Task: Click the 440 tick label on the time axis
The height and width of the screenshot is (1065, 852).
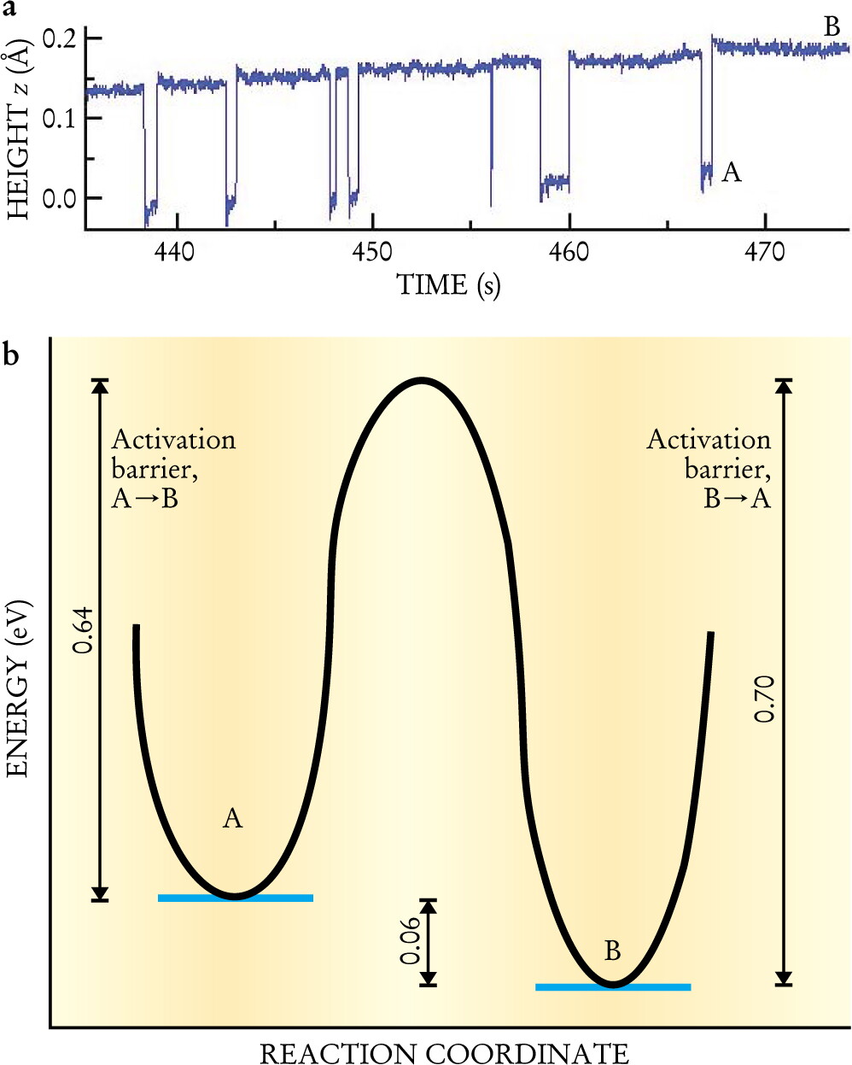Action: [x=174, y=252]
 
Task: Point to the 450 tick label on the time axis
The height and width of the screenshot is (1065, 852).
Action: [x=371, y=252]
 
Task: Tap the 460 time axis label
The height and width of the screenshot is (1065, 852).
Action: [x=569, y=252]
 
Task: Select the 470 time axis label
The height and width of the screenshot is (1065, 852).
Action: [x=764, y=252]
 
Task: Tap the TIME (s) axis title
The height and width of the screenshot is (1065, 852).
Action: [x=448, y=285]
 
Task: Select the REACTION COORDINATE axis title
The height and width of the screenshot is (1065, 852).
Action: [x=444, y=1053]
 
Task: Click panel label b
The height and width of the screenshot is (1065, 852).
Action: [x=11, y=354]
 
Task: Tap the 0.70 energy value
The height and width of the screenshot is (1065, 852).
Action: [x=764, y=699]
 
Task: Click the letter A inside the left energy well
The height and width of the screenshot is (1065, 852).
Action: [x=232, y=818]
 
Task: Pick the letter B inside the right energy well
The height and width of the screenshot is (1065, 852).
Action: [x=612, y=951]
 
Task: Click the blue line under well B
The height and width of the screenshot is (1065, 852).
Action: [x=613, y=987]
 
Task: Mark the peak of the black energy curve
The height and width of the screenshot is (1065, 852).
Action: [x=421, y=381]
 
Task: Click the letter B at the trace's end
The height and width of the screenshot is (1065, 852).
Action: [x=832, y=26]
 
